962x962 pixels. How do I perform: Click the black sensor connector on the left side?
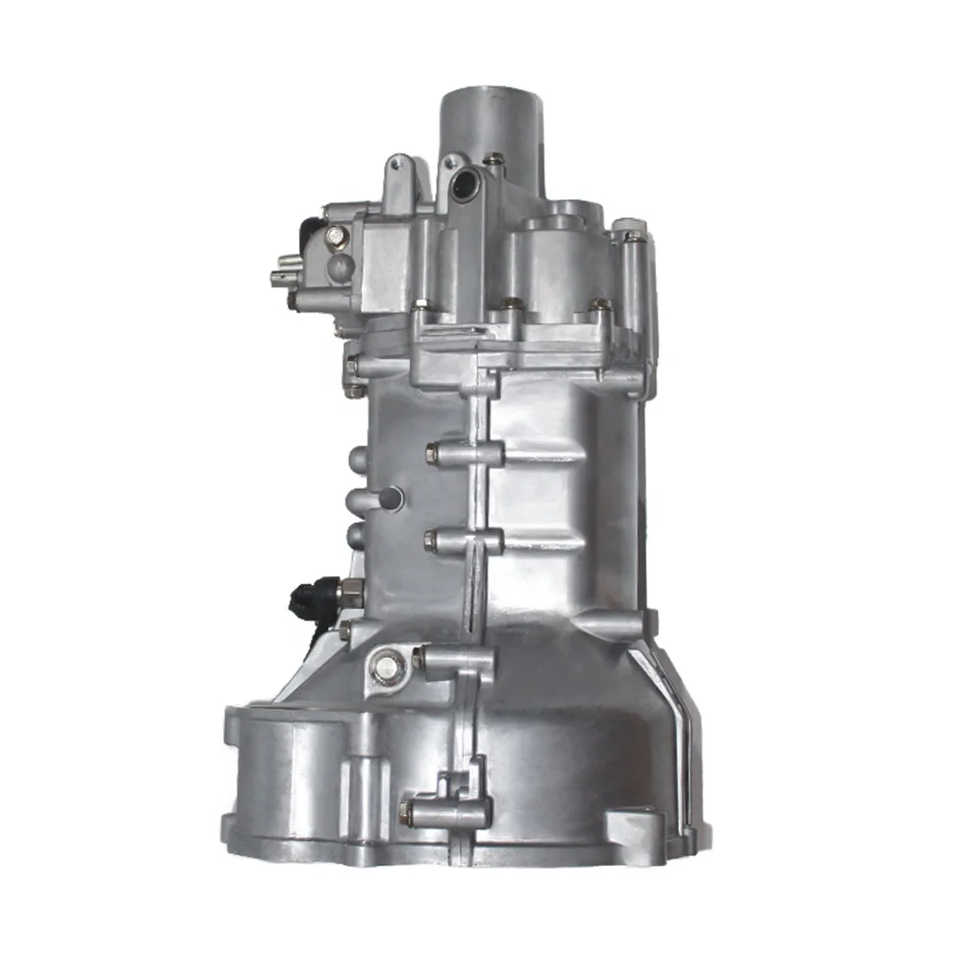coord(313,596)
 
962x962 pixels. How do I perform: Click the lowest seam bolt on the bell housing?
coord(409,814)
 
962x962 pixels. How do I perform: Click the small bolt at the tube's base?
coord(494,160)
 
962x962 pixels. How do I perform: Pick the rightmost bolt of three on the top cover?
coord(599,306)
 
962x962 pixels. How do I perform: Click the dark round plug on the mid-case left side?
coord(391,498)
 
